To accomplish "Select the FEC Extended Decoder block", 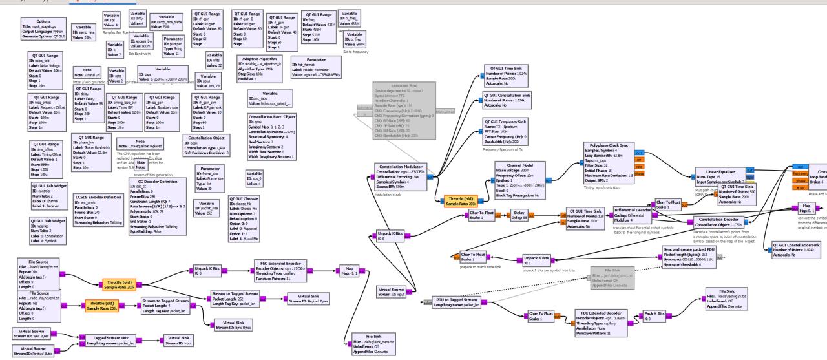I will [x=603, y=323].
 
